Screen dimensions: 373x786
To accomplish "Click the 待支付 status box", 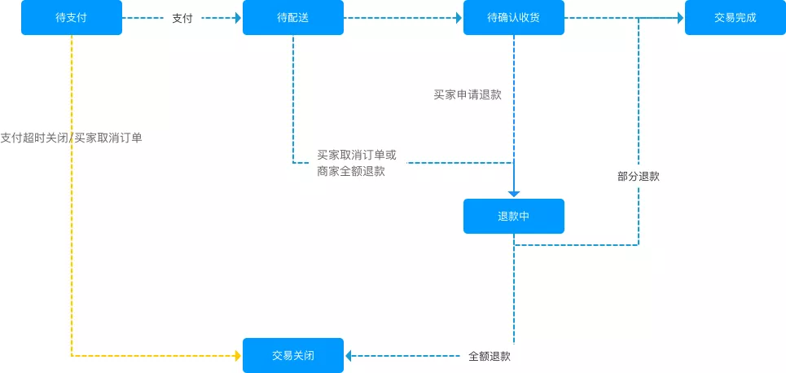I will [x=72, y=18].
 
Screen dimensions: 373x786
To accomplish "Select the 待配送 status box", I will [x=293, y=18].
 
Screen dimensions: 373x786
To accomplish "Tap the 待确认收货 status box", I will [x=514, y=18].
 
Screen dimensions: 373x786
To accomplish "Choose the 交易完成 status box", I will [x=735, y=18].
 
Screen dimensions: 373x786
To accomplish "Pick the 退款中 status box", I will [x=514, y=217].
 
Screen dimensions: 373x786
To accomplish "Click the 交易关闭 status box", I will [x=293, y=356].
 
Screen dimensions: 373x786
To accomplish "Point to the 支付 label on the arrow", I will [x=182, y=18].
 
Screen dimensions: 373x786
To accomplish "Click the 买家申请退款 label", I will [x=468, y=94].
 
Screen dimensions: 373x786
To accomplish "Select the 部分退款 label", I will [x=639, y=176].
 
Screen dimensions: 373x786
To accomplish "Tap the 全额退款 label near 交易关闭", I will [x=490, y=356].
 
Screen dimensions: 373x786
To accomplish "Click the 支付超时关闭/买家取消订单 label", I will [x=72, y=138].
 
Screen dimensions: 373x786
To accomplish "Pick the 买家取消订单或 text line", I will [x=357, y=155].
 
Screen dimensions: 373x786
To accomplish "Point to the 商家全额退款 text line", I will [x=351, y=172].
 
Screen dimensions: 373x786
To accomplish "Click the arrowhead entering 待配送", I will [x=238, y=18].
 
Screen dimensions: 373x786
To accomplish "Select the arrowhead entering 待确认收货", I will [x=459, y=18].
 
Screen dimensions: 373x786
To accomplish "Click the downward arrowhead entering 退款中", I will [x=514, y=193].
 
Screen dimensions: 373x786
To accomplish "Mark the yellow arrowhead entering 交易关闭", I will [x=238, y=356].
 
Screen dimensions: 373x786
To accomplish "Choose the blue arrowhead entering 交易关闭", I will [x=349, y=356].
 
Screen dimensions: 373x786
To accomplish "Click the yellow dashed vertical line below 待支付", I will [x=72, y=244].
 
